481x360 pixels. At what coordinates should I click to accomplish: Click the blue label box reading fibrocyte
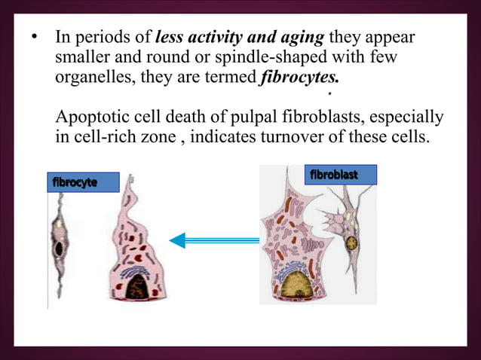83,182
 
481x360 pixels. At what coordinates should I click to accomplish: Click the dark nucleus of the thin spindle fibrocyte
57,248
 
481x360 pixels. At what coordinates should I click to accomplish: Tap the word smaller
84,58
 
